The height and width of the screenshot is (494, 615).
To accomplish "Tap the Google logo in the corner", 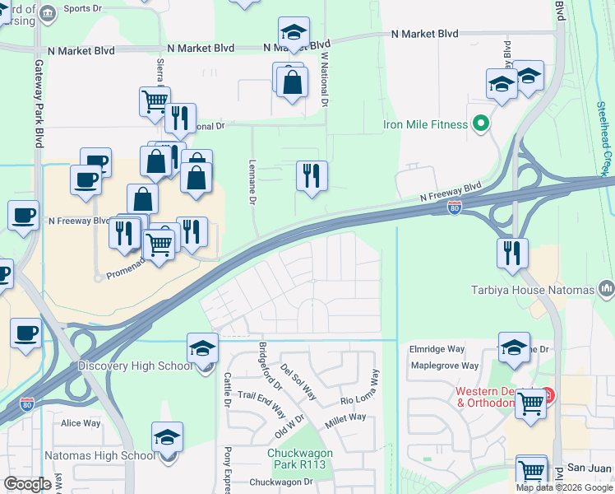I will click(x=27, y=484).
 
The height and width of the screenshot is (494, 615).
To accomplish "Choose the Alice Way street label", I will click(x=81, y=423).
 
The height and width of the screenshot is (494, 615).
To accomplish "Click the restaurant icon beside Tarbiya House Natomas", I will click(x=512, y=252).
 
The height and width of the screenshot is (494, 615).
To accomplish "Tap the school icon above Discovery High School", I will click(x=202, y=348).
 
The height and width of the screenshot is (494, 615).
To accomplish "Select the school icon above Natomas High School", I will click(x=168, y=437).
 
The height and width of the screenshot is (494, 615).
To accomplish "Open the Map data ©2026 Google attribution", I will click(x=564, y=487).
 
